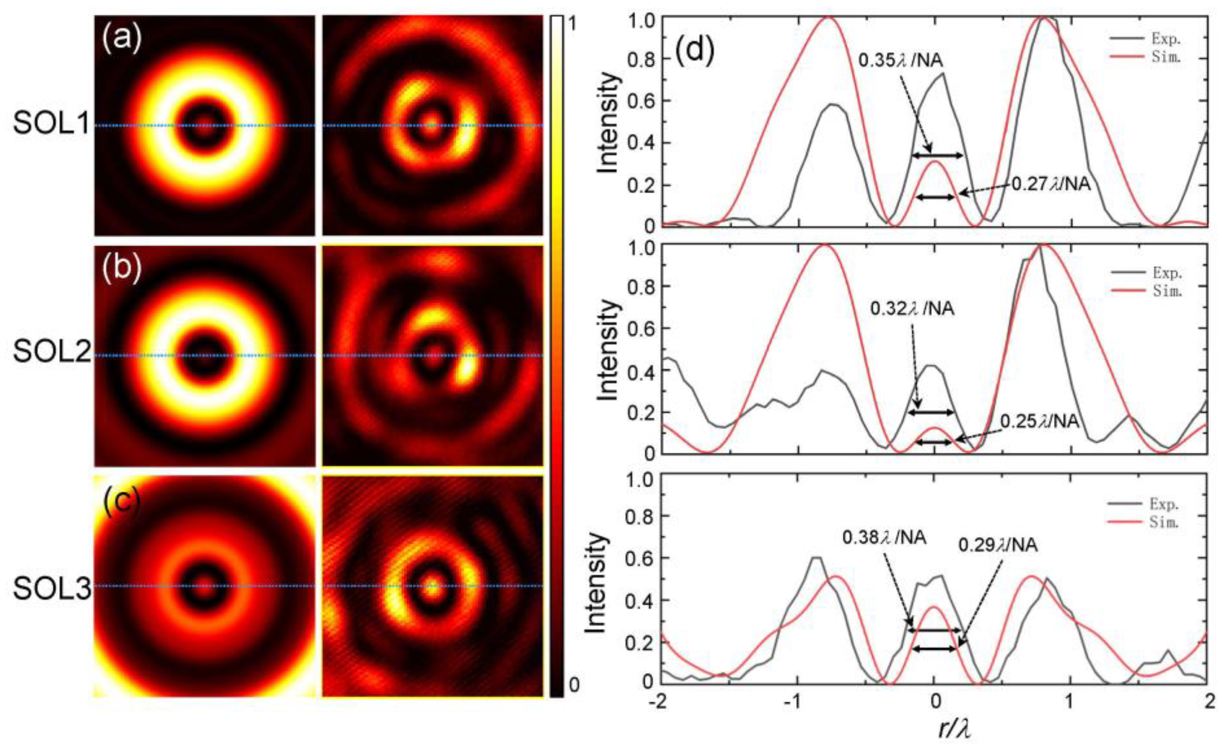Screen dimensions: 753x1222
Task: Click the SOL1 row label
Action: (x=51, y=124)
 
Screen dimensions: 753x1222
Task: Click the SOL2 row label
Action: (x=51, y=352)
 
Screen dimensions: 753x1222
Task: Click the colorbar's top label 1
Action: (x=574, y=23)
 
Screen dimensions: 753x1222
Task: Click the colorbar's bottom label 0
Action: (x=574, y=685)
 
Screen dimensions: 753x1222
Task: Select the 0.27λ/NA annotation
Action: (x=1051, y=184)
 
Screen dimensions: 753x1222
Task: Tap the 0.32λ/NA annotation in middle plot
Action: (x=912, y=309)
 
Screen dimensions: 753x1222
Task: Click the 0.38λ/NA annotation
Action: (x=884, y=538)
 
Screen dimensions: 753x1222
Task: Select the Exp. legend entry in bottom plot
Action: (x=1163, y=504)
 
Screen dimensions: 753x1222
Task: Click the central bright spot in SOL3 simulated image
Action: (x=204, y=586)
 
